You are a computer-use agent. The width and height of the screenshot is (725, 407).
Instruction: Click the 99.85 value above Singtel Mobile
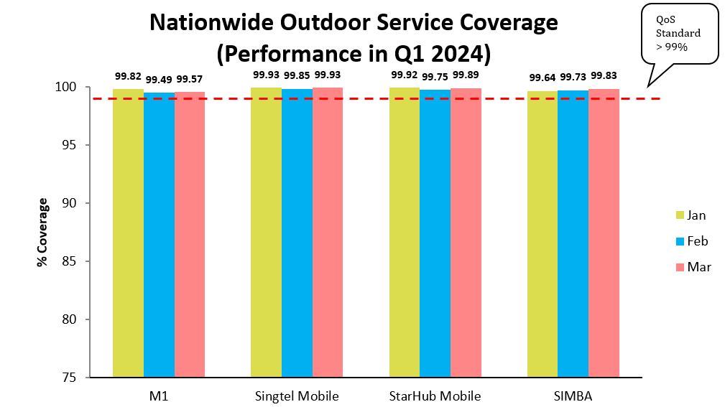(x=297, y=77)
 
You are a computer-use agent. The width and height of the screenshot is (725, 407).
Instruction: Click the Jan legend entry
(x=689, y=215)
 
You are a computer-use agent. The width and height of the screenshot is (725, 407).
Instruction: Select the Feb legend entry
(x=690, y=240)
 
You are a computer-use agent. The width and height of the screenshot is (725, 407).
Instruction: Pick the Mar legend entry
(x=691, y=266)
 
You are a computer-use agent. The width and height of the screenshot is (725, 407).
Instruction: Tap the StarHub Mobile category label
(x=435, y=396)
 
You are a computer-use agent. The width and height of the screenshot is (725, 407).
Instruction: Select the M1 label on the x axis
(x=159, y=396)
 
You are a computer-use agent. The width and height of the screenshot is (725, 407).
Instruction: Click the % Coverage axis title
(x=43, y=232)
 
